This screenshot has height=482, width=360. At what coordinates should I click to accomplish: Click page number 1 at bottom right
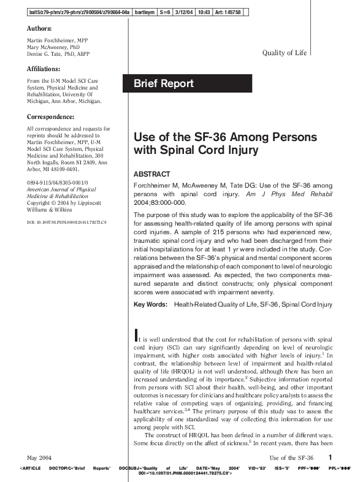pos(330,457)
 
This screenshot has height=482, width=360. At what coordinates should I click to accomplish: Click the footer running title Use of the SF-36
pos(291,457)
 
